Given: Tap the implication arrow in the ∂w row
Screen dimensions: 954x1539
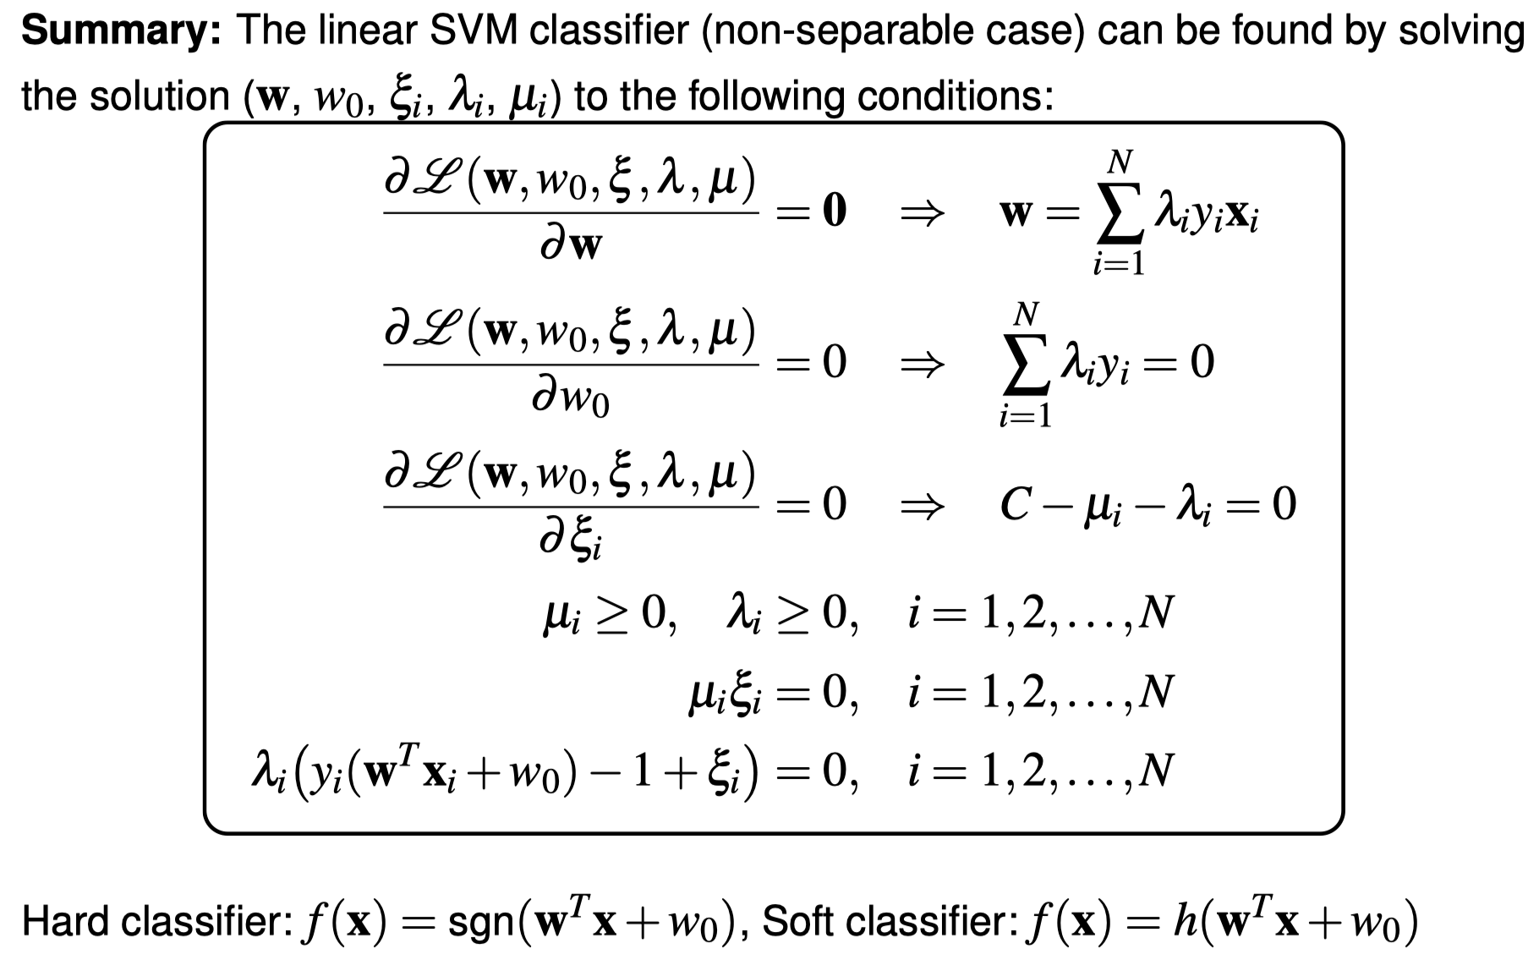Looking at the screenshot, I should coord(921,213).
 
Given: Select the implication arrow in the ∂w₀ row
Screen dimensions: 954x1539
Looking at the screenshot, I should coord(921,364).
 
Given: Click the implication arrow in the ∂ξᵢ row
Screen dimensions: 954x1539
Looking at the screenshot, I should coord(921,506).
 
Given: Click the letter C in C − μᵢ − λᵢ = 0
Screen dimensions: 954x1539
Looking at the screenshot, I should coord(1015,505).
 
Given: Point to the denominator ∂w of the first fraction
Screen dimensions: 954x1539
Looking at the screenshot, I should coord(570,246).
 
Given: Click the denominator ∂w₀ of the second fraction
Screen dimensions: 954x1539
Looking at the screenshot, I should coord(570,397).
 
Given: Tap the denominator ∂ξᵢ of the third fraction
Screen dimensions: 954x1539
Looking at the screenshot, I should coord(570,542).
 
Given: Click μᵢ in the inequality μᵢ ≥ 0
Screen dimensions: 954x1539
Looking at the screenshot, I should coord(561,615).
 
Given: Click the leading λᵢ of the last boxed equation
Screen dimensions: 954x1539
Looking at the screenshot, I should coord(269,771).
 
